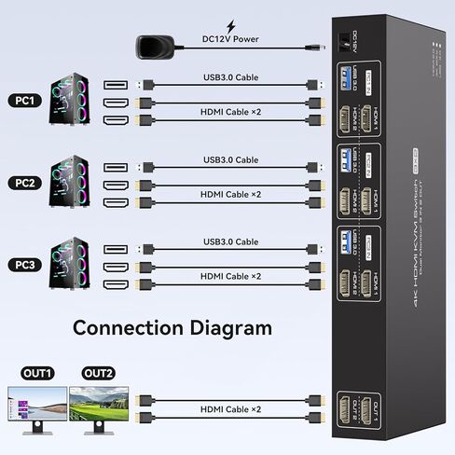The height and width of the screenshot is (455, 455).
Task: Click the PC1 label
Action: [24, 100]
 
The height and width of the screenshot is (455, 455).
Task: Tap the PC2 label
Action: [24, 181]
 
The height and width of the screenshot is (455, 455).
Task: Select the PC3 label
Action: [24, 265]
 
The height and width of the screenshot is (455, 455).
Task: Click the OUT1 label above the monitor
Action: [39, 373]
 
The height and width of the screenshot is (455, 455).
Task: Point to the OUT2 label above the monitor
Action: [99, 373]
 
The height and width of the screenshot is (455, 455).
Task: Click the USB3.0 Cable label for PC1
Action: [230, 78]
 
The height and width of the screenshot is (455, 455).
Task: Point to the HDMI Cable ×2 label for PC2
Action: [230, 194]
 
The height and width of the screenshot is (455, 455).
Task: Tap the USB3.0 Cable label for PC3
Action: [230, 242]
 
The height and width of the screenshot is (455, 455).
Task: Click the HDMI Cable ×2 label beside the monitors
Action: [230, 409]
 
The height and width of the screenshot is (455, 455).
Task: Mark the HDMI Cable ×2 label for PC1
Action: [230, 112]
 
